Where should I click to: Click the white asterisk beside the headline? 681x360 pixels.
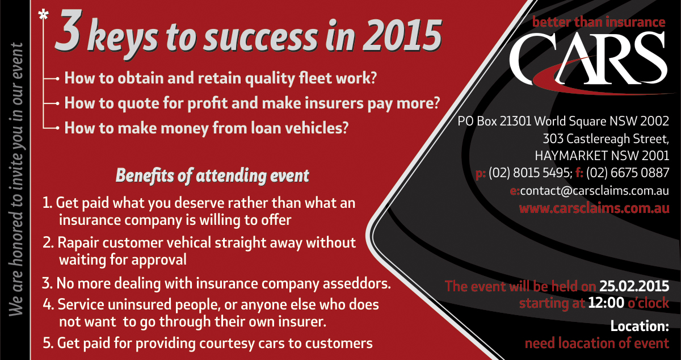(43, 15)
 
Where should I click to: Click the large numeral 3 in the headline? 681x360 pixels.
(68, 31)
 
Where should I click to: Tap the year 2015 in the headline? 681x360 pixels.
(402, 35)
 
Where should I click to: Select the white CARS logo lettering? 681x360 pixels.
(588, 58)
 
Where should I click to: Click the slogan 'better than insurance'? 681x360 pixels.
(599, 22)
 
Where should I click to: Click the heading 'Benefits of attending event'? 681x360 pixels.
(212, 175)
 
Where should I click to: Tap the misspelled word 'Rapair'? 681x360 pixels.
(78, 243)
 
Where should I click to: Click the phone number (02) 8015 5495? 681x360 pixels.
(530, 173)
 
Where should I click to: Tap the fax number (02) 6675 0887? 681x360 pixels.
(628, 173)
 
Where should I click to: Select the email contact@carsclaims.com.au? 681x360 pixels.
(595, 191)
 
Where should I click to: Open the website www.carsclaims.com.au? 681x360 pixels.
(594, 208)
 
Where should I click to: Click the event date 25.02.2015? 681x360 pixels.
(634, 286)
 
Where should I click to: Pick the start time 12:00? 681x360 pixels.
(606, 303)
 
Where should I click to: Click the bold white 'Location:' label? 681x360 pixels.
(640, 326)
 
